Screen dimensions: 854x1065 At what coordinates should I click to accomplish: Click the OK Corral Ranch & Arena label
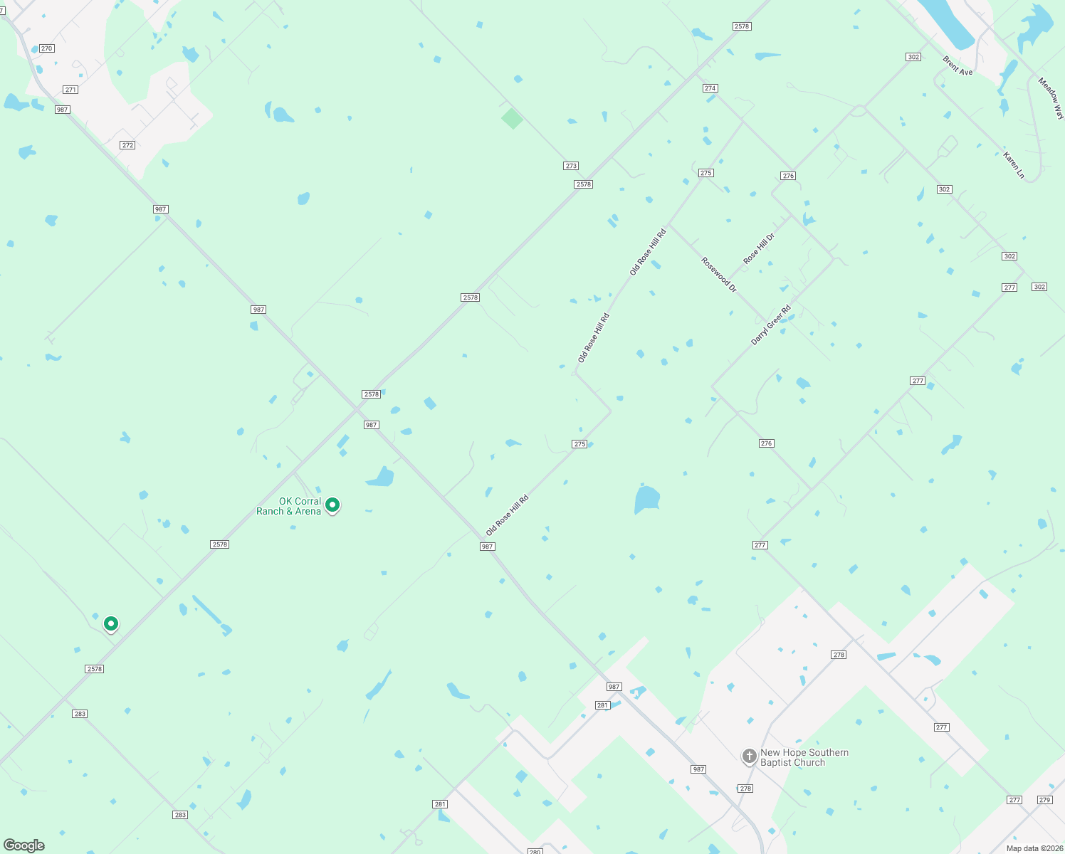coord(288,506)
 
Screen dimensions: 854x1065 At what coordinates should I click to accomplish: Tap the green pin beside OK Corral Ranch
coord(332,505)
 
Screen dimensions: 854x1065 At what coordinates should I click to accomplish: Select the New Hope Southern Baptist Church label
coord(804,757)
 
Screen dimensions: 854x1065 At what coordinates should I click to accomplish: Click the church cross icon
coord(749,757)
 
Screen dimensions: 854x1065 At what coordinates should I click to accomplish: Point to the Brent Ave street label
coord(958,66)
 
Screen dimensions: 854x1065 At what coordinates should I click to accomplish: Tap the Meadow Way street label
coord(1051,97)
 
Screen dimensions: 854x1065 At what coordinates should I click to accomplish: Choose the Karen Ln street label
coord(1014,165)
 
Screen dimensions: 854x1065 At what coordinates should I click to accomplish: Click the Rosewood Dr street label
coord(719,275)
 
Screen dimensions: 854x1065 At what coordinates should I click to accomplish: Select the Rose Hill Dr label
coord(759,248)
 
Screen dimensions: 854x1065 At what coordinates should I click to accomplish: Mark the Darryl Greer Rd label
coord(771,325)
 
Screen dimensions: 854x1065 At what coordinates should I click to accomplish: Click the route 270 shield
coord(47,48)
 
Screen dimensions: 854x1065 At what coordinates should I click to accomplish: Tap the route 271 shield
coord(70,90)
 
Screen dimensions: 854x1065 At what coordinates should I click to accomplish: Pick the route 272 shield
coord(127,145)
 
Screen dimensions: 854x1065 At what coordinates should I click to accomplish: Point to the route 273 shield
coord(571,166)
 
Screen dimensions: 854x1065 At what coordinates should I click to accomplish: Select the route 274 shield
coord(710,88)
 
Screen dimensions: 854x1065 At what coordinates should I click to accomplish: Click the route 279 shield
coord(1044,800)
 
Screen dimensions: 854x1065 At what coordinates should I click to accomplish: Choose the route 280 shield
coord(535,851)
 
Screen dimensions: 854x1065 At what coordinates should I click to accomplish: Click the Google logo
coord(24,845)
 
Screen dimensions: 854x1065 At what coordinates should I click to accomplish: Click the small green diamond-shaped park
coord(512,118)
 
